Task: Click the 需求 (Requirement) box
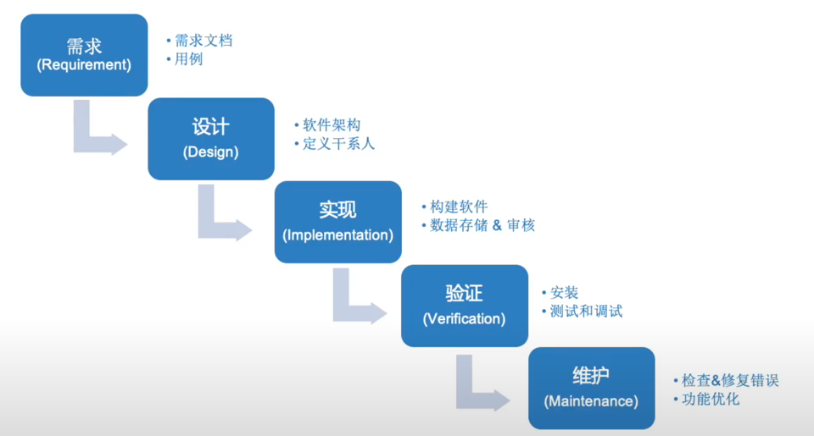click(84, 55)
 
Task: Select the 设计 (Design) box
click(211, 139)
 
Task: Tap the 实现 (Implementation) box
click(338, 222)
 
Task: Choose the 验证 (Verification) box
click(465, 306)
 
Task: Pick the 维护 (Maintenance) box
click(592, 389)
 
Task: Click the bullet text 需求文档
click(203, 41)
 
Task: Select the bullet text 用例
click(188, 59)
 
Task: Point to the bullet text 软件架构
click(332, 125)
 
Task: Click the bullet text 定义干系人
click(338, 144)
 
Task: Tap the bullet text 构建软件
click(459, 207)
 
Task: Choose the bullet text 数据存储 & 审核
click(482, 225)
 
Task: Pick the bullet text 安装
click(564, 293)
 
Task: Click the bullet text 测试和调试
click(586, 311)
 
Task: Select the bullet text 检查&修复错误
click(730, 380)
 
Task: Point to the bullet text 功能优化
click(711, 400)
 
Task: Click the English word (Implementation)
click(338, 235)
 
